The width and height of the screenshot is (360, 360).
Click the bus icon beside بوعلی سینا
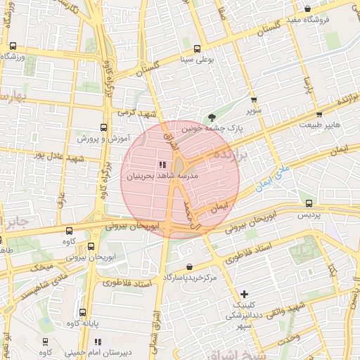click(x=197, y=49)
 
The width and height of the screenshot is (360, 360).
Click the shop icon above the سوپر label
click(x=254, y=100)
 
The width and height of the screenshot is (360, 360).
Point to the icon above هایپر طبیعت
click(x=319, y=114)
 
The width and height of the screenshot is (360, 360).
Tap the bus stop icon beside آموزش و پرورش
click(x=104, y=128)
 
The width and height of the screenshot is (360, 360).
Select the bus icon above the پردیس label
click(x=309, y=203)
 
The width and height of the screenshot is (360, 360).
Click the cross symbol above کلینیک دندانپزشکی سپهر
click(x=244, y=294)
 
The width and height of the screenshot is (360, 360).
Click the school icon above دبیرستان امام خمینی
click(x=98, y=342)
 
